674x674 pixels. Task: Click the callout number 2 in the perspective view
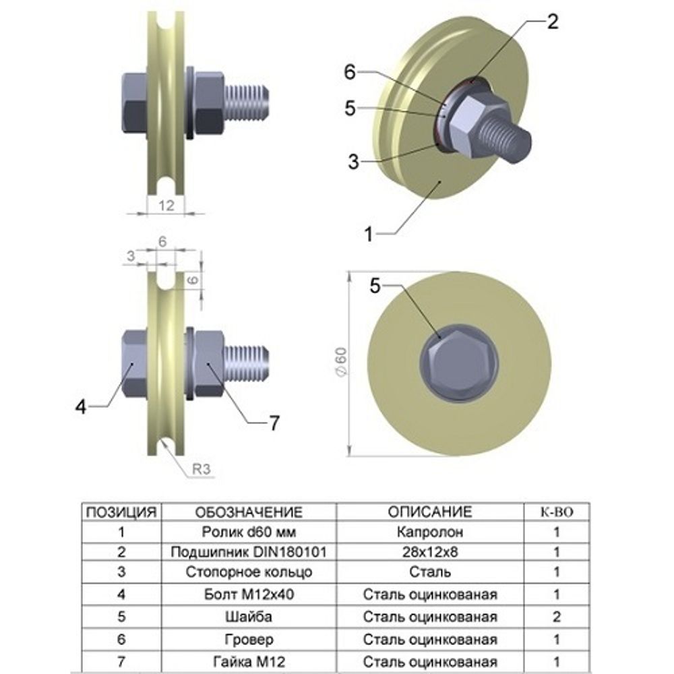[552, 22]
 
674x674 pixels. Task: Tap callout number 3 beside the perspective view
[354, 161]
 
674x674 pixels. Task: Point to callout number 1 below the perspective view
[369, 235]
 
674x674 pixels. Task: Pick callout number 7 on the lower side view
[274, 423]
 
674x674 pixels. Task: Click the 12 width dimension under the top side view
[165, 205]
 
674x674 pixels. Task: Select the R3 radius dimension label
[198, 470]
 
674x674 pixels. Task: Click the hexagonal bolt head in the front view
[458, 364]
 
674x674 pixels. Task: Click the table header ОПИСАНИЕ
[429, 512]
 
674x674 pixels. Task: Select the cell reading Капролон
[429, 532]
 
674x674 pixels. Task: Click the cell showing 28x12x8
[429, 553]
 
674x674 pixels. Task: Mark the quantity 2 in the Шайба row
[557, 617]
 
